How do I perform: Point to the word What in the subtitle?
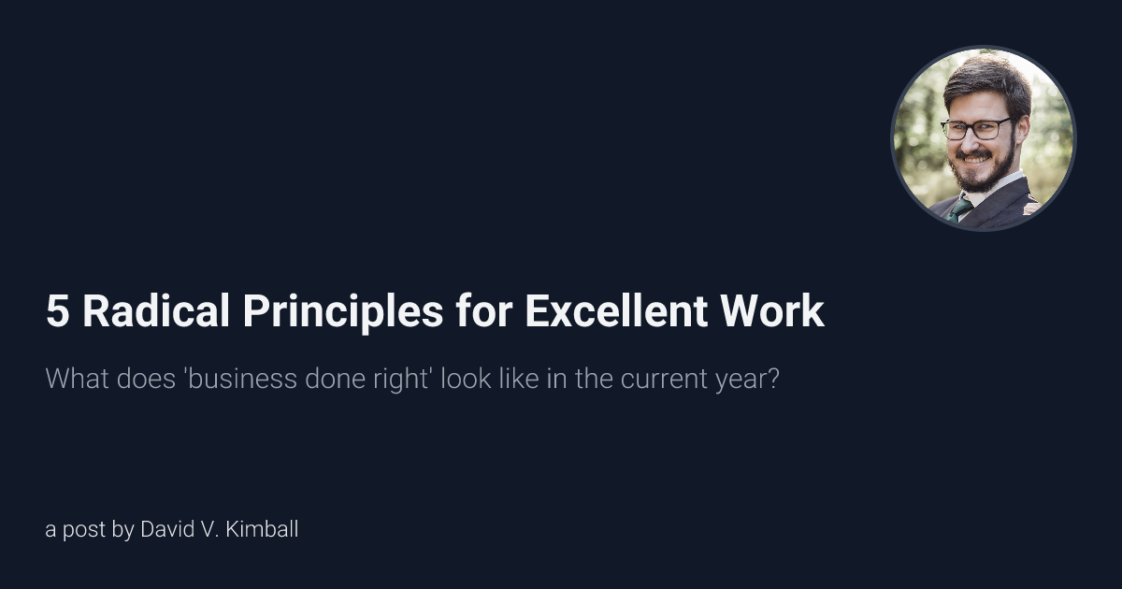(73, 381)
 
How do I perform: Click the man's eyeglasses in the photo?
(976, 128)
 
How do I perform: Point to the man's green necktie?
(960, 208)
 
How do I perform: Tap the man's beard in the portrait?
(982, 173)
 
